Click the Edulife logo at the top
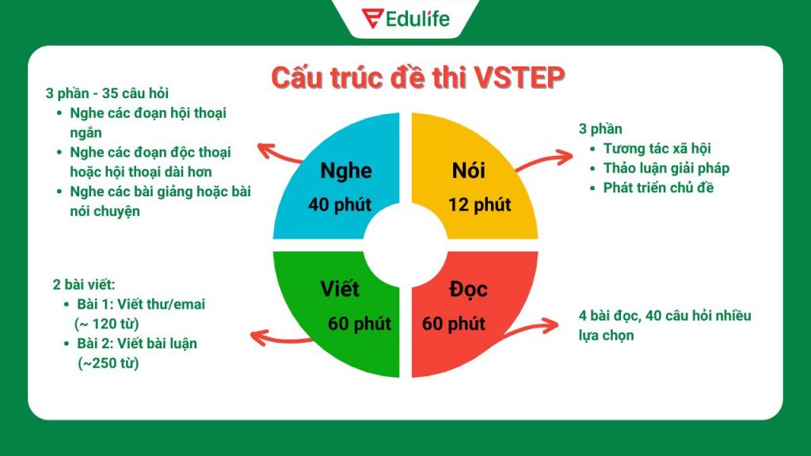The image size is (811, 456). click(405, 18)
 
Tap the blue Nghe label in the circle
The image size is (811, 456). click(346, 170)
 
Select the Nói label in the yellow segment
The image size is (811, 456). click(468, 170)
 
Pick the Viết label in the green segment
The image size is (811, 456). click(341, 287)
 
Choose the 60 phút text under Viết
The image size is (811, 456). click(359, 324)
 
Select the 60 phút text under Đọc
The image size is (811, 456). click(453, 324)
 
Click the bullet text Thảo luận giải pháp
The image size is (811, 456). click(666, 168)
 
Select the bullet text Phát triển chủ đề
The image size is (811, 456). click(658, 188)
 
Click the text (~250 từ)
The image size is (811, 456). click(109, 363)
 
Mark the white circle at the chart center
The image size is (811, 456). click(405, 244)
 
